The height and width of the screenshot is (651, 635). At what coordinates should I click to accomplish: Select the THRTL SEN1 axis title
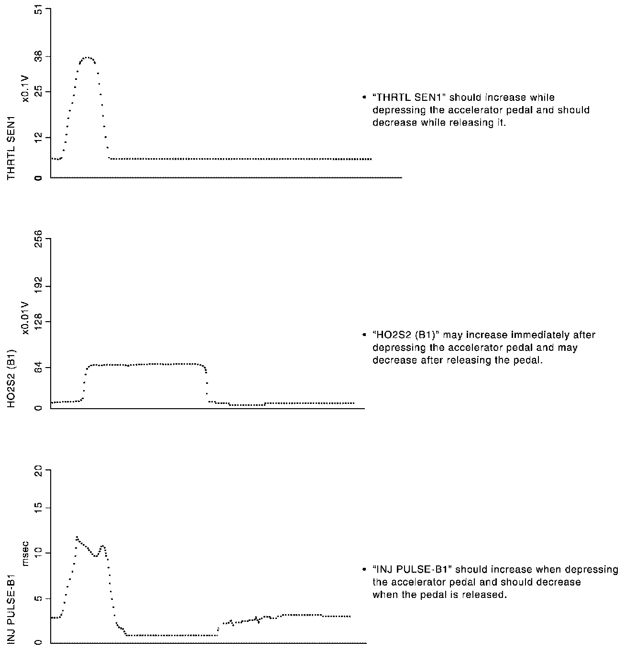11,148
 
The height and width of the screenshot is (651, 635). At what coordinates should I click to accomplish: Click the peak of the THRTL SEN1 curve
87,57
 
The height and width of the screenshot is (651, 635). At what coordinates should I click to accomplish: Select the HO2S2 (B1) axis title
11,379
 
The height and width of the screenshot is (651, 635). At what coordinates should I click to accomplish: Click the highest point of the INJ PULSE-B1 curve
77,537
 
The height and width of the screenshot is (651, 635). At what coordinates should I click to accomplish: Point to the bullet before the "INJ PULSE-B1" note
365,570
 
